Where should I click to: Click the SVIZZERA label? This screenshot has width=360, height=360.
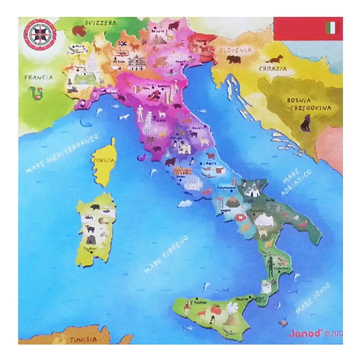(101, 23)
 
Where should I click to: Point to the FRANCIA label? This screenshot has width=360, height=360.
(39, 78)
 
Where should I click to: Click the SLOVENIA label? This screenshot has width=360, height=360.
(236, 50)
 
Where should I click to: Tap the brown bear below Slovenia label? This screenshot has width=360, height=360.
(234, 60)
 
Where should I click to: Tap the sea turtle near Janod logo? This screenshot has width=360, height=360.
(282, 323)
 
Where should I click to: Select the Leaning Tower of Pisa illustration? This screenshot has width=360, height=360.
(147, 119)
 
